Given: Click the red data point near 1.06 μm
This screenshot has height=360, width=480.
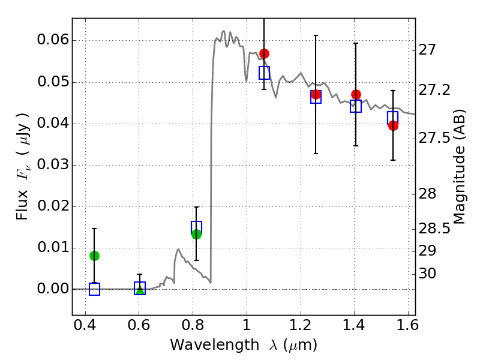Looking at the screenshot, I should tap(264, 54).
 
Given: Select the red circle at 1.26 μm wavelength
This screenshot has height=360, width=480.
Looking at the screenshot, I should tap(316, 95).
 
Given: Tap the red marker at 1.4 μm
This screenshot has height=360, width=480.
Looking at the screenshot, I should tap(356, 95).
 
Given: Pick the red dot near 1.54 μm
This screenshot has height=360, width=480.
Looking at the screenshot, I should tap(393, 125).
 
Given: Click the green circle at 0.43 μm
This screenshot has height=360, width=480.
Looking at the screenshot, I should tap(94, 256).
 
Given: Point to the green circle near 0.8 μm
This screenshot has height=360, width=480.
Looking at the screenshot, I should tap(196, 234).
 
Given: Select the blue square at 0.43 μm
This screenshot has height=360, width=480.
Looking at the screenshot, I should tap(94, 289).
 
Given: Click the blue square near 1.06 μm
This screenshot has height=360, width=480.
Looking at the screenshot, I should tap(264, 73).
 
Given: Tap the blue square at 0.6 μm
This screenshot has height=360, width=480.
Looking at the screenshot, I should tap(140, 288).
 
